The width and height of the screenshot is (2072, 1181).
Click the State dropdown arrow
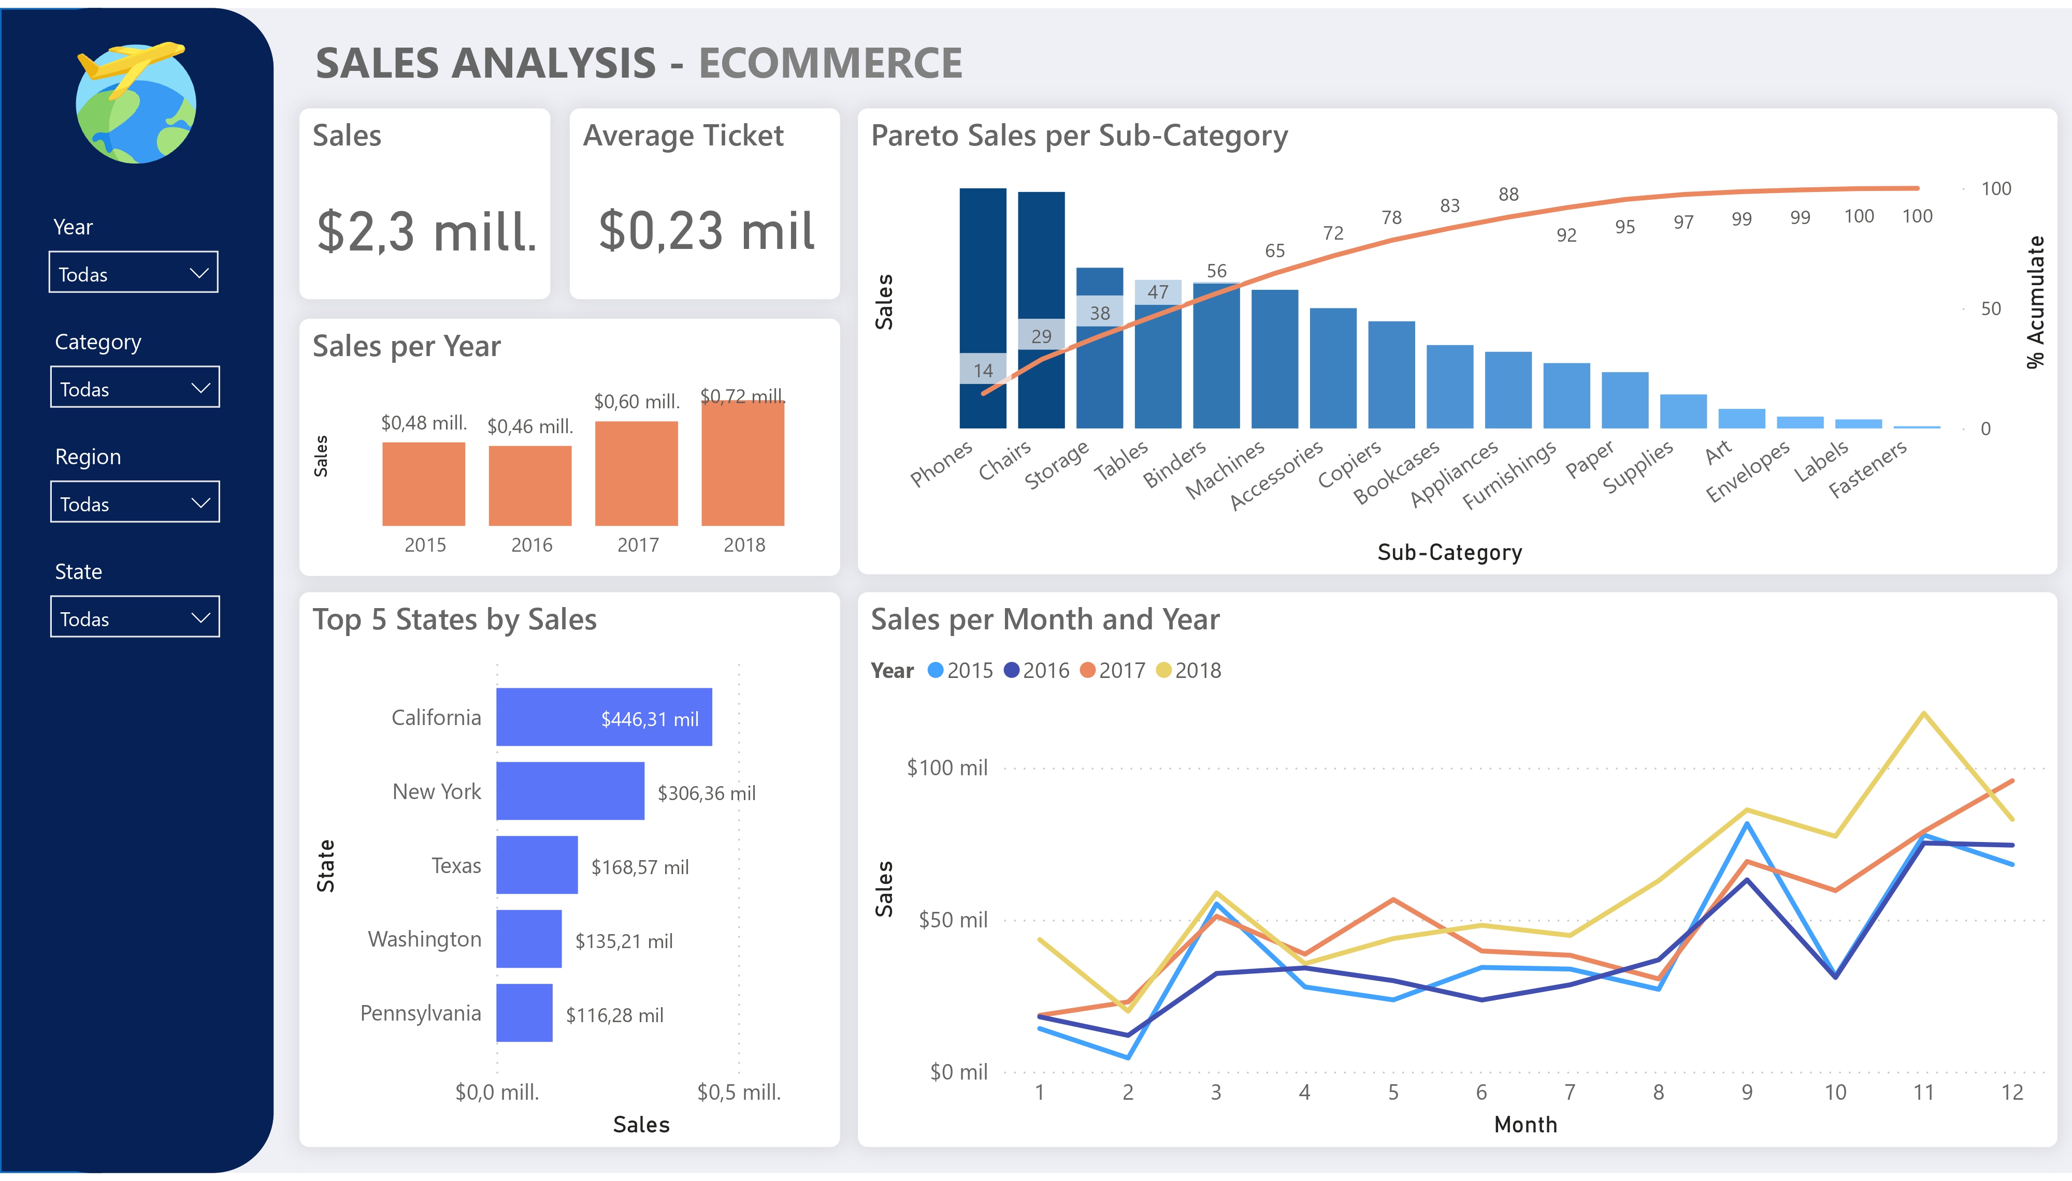coord(199,617)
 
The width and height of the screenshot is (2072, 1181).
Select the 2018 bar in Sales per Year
coord(743,464)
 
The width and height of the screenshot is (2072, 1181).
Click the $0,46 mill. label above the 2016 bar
coord(530,426)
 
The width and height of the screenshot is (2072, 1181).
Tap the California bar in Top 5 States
coord(604,717)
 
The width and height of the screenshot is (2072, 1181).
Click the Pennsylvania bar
coord(524,1013)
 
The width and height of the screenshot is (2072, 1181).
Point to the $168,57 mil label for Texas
coord(640,867)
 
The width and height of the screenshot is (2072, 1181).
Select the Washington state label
coord(424,939)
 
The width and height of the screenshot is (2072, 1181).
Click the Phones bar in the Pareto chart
coord(982,308)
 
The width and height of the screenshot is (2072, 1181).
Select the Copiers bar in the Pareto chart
coord(1391,375)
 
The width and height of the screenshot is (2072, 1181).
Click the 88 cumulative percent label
coord(1508,195)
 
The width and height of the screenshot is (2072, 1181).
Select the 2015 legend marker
coord(935,670)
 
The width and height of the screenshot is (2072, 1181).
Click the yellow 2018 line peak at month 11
coord(1923,714)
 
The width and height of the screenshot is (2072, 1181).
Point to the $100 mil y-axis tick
coord(946,767)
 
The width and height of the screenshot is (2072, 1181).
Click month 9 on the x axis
coord(1747,1093)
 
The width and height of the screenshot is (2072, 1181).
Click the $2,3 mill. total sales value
coord(426,232)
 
